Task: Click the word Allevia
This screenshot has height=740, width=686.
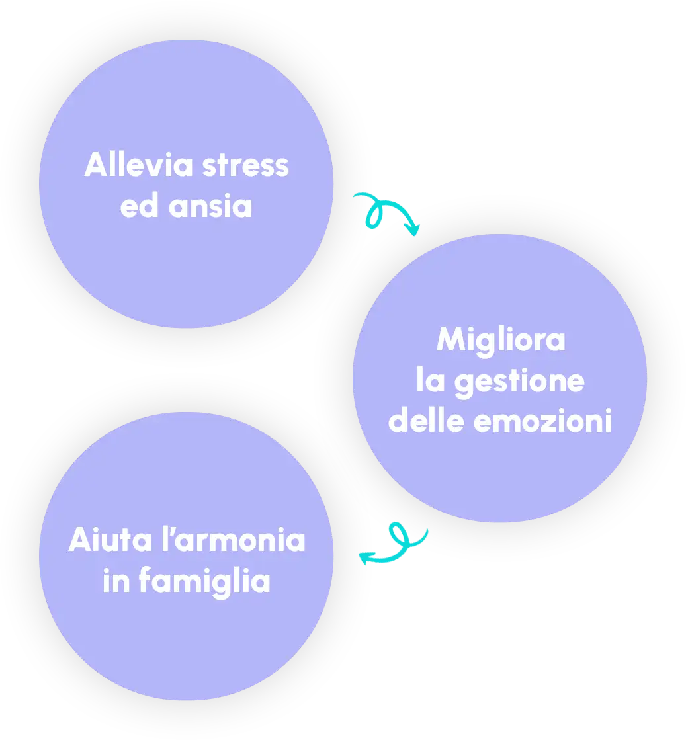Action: (x=140, y=165)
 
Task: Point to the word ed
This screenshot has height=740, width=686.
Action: (x=139, y=206)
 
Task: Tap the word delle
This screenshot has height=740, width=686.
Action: (x=426, y=422)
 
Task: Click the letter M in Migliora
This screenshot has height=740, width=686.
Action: (x=450, y=341)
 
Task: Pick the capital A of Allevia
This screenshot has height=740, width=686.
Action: (x=95, y=165)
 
